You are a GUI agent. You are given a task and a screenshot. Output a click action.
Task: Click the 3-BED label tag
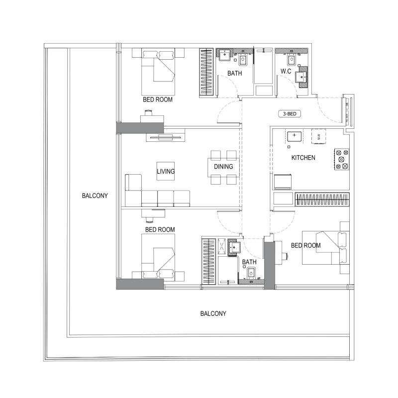pos(290,114)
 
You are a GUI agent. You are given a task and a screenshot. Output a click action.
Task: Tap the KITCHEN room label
pos(303,158)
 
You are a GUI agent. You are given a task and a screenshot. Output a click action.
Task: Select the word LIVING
pos(166,172)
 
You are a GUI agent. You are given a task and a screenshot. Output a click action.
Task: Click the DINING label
pos(223,167)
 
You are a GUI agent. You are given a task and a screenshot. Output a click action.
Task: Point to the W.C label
pos(286,72)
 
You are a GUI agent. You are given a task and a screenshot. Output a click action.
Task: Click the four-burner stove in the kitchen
pos(342,159)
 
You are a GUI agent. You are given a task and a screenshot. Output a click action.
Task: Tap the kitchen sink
pos(294,135)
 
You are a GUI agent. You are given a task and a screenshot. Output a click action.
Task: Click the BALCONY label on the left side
pos(95,196)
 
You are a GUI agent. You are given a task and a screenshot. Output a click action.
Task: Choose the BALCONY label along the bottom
pos(213,314)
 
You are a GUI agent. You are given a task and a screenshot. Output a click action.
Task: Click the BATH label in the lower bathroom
pos(249,262)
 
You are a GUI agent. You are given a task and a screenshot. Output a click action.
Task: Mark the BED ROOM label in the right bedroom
pos(305,245)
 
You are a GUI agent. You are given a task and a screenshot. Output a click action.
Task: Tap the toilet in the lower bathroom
pos(251,273)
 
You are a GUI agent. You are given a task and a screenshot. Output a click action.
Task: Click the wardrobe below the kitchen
pos(322,199)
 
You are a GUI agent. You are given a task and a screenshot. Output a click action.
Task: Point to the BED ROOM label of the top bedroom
pos(158,99)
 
